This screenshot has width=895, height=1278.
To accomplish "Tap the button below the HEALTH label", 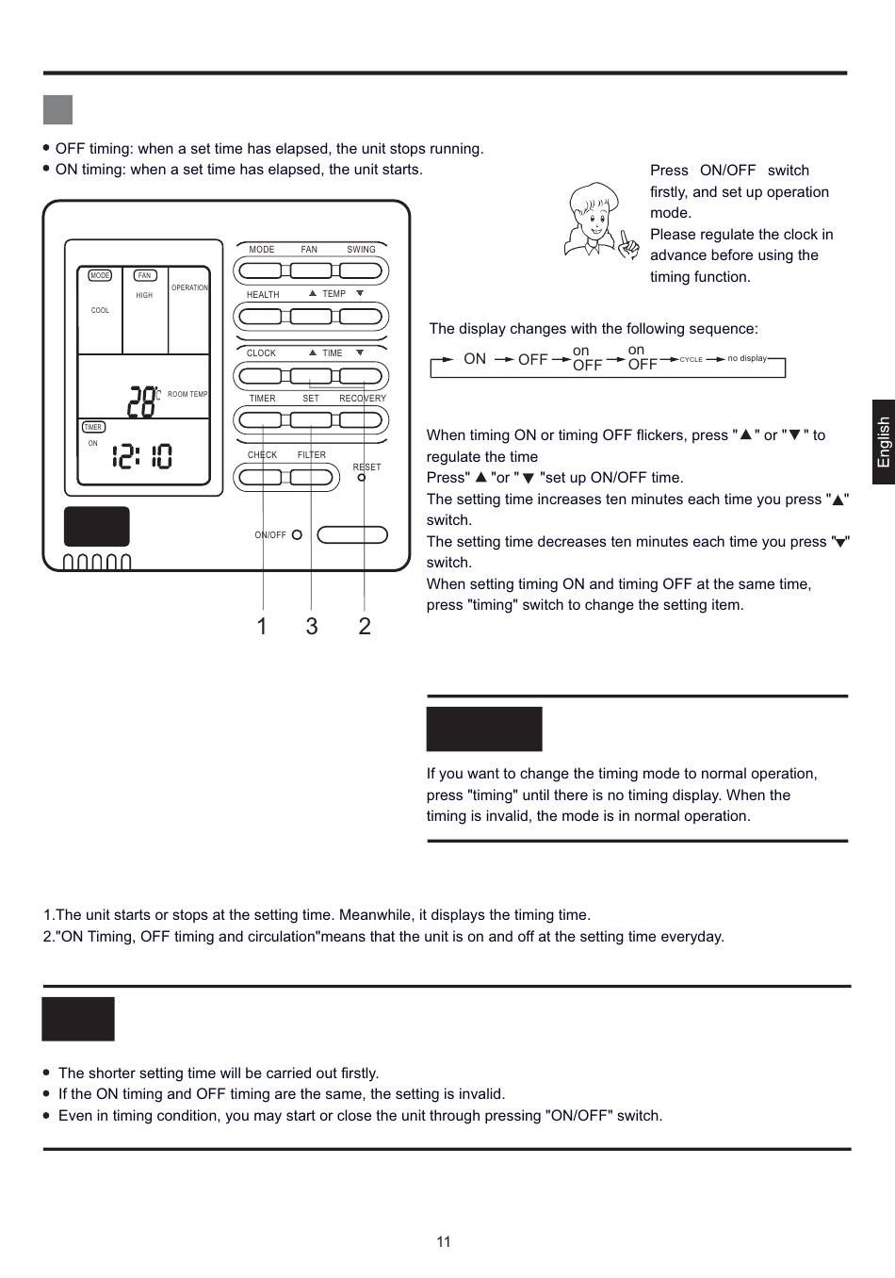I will [x=260, y=318].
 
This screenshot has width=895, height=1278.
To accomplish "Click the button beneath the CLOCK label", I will [x=260, y=376].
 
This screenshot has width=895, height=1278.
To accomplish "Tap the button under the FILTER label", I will [x=311, y=478].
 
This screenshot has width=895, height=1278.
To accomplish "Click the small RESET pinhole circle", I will [x=362, y=478].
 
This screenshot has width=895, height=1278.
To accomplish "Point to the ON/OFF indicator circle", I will [x=297, y=534].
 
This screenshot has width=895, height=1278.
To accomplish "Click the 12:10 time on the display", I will [x=142, y=457].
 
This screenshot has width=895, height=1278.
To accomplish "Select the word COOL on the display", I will [x=100, y=310].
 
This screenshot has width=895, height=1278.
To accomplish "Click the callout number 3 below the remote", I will [x=312, y=627].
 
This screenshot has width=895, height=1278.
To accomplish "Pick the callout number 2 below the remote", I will [x=365, y=627].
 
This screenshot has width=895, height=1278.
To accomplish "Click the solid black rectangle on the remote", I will [x=97, y=526].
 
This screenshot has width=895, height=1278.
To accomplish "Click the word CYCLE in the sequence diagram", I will [x=692, y=360].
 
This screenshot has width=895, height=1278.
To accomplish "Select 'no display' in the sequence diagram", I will [x=747, y=358].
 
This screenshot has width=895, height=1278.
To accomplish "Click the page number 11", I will [x=444, y=1242].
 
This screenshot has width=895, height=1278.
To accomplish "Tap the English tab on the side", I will [x=883, y=442].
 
